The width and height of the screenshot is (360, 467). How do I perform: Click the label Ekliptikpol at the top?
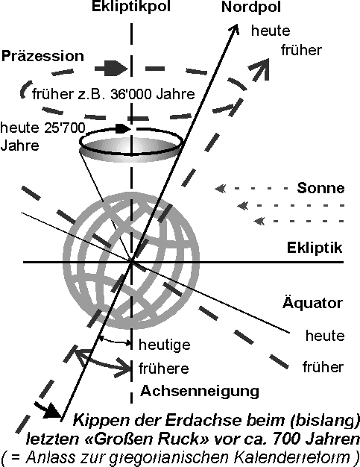131,7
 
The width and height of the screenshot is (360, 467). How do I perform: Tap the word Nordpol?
251,7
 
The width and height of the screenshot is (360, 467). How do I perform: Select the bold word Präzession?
42,56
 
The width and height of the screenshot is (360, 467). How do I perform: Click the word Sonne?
320,188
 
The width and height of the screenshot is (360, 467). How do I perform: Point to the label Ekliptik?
315,248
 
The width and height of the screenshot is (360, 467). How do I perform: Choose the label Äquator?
313,303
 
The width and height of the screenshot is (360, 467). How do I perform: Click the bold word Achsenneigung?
200,391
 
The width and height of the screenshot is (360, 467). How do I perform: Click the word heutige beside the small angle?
165,345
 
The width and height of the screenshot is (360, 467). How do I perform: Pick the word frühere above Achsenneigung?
164,369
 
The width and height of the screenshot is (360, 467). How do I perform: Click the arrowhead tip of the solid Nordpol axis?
238,25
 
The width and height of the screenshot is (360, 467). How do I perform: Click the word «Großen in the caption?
118,439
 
